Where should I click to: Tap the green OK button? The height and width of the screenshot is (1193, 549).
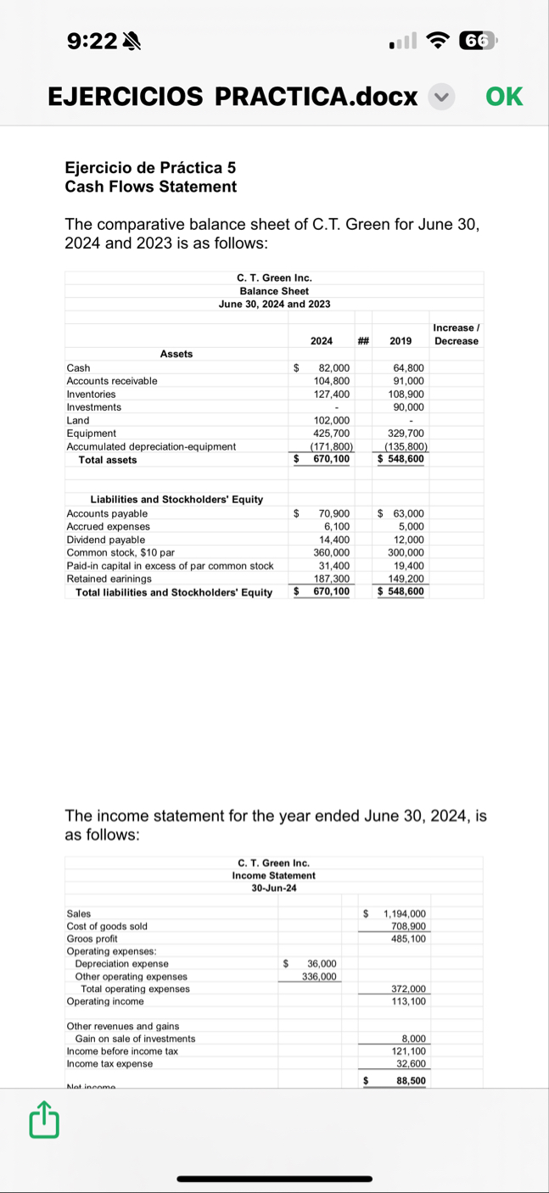(x=504, y=97)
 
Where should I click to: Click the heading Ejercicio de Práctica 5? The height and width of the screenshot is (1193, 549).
(x=144, y=167)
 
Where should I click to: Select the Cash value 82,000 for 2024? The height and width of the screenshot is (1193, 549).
(x=333, y=367)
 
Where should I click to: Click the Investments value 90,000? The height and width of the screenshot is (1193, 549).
(x=409, y=407)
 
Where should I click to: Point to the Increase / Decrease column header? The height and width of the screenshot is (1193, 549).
(x=456, y=334)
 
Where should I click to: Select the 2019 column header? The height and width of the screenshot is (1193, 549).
(x=401, y=341)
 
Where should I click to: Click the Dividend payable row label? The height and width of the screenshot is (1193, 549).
(x=106, y=540)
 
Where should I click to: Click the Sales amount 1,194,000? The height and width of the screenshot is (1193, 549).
(x=405, y=914)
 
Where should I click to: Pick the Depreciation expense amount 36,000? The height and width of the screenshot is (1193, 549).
(x=321, y=964)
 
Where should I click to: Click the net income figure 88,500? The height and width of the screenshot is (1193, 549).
(x=411, y=1080)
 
